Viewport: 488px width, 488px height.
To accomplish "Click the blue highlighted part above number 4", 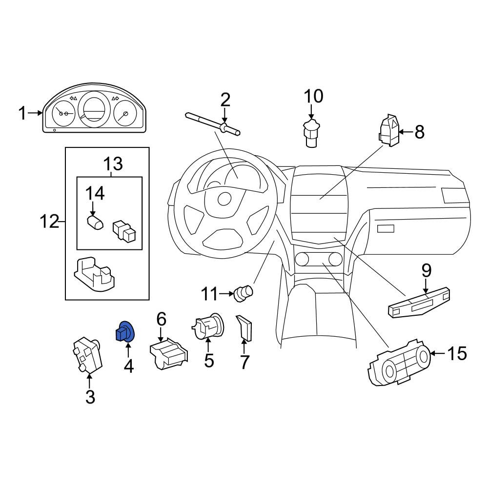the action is pos(124,331).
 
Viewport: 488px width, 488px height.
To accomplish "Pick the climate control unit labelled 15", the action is pos(400,363).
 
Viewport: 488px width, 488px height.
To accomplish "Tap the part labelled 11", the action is pos(244,293).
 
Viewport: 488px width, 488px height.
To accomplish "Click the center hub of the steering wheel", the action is pos(224,199).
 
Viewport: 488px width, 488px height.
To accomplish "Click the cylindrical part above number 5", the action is pos(207,326).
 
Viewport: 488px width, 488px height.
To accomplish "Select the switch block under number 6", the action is pos(169,354).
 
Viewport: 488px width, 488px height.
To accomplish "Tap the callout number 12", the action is pos(49,222).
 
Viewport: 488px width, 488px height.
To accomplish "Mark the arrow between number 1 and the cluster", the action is pos(35,113).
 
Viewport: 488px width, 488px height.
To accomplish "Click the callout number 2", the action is pos(225,100).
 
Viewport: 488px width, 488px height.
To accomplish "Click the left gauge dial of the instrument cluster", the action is pos(64,113).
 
